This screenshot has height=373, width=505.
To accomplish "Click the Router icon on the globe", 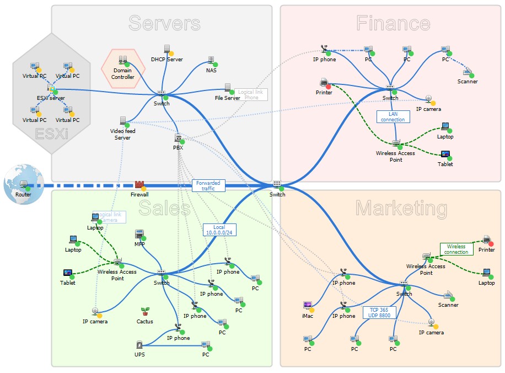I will pos(24,184).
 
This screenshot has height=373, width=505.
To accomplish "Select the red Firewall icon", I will pos(139,184).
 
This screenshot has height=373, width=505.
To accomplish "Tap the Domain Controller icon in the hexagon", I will pos(123,60).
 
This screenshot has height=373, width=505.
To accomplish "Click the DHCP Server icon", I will pos(167,50).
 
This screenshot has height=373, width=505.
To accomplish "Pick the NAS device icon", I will pos(211,60).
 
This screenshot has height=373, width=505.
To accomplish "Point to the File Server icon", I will pos(228,88).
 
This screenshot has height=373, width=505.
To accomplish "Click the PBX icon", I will pos(178,138).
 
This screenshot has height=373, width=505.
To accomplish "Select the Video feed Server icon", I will pos(122,120).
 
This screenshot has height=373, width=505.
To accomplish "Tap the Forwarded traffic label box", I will pos(208,185).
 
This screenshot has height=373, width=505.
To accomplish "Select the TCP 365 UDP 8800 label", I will pos(379,312).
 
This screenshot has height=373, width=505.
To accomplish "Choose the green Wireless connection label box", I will pos(456,249).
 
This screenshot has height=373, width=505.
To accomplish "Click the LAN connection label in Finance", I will pos(393,116).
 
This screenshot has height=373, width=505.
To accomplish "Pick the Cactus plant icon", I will pos(145,312).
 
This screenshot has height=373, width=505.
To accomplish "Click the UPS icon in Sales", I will pos(139,345).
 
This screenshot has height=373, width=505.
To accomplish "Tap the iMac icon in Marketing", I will pos(308,306).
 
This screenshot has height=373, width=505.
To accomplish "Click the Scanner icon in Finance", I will pos(467,72).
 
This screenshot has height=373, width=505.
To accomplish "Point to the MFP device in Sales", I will pos(139,234).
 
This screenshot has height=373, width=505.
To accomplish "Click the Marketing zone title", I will pos(401,209).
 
